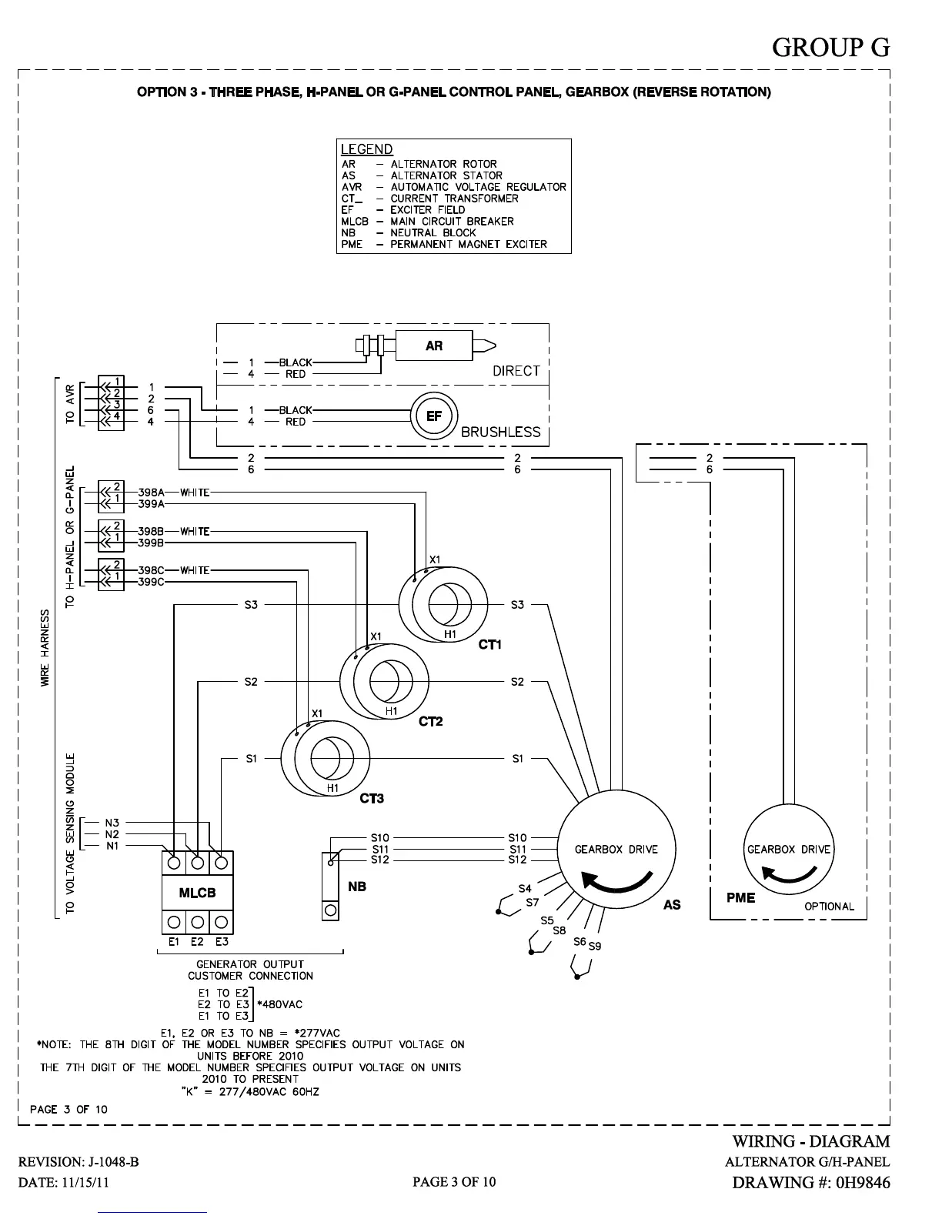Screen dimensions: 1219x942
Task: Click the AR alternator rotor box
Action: [x=434, y=346]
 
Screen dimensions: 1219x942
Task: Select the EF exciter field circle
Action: [x=434, y=416]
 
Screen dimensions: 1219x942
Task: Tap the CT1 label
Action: [x=490, y=645]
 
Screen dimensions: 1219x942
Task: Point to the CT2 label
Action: [x=431, y=722]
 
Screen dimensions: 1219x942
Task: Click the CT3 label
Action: [x=372, y=799]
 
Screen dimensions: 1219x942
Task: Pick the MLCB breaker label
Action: [x=197, y=893]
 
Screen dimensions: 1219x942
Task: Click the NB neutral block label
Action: [x=357, y=887]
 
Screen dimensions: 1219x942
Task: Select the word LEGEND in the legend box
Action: [x=367, y=149]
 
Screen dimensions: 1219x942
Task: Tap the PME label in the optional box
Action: [x=740, y=897]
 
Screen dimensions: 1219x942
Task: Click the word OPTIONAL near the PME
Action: [x=829, y=907]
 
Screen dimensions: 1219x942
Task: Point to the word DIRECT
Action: [x=516, y=371]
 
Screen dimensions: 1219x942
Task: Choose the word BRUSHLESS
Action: [x=500, y=432]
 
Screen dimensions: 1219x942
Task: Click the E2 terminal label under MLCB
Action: [x=197, y=941]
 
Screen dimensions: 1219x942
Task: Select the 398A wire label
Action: [x=151, y=493]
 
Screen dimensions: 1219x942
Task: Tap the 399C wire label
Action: [x=151, y=582]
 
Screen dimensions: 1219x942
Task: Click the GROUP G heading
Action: [x=830, y=48]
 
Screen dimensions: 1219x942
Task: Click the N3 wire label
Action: [x=112, y=823]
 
